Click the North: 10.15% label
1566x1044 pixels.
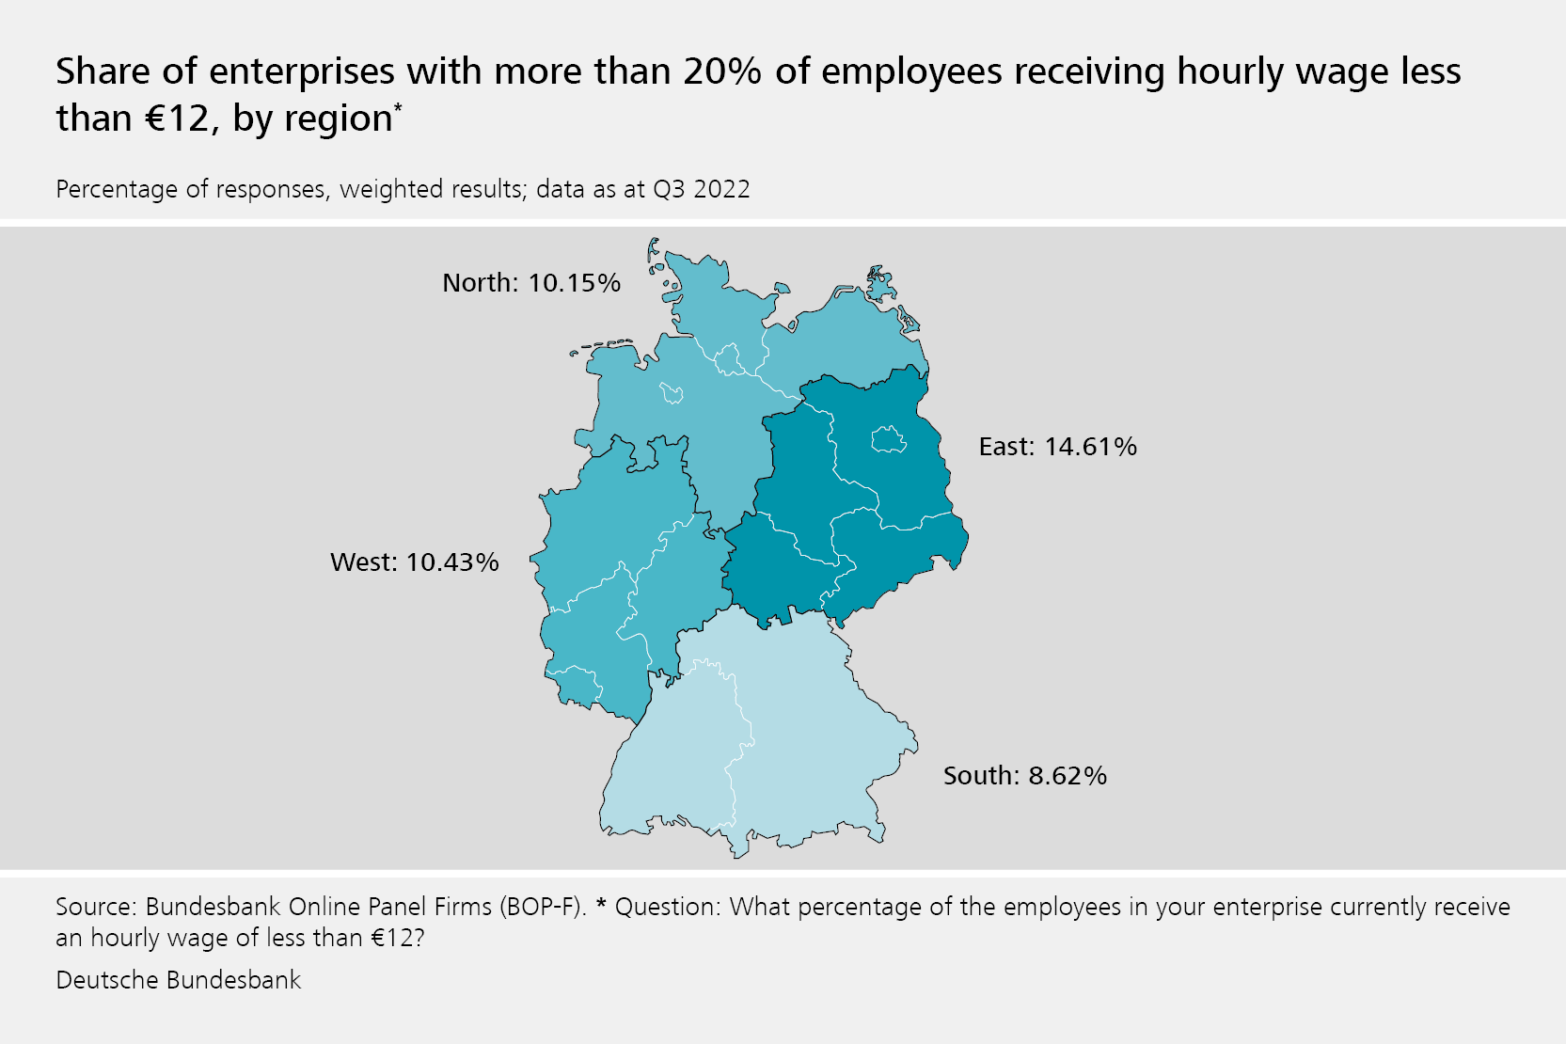point(531,283)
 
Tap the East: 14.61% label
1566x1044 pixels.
point(1057,447)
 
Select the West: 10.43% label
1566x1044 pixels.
point(415,562)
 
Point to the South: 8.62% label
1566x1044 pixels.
point(1024,776)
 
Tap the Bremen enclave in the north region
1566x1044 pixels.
point(672,391)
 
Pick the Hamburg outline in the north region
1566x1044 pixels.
point(729,359)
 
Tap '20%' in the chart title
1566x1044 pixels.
point(722,72)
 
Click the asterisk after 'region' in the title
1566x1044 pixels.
point(398,108)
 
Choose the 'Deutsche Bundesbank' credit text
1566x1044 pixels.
point(179,980)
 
